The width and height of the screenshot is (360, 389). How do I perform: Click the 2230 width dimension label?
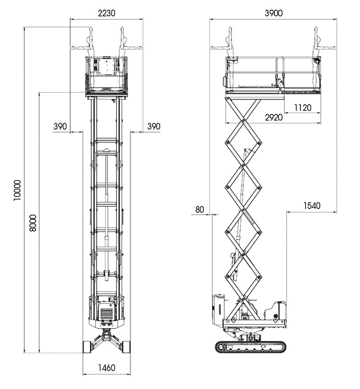point(107,13)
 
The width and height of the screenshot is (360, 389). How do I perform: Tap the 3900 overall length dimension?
point(273,13)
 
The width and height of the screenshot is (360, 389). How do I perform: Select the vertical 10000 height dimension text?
point(17,190)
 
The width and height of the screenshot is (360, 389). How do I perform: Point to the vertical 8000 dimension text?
point(33,223)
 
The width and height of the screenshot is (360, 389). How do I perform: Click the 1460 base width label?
point(107,367)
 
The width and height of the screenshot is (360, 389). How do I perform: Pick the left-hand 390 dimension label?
point(60,126)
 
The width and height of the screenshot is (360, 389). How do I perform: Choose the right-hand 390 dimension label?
point(154,126)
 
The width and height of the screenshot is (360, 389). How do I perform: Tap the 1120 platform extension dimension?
point(303,108)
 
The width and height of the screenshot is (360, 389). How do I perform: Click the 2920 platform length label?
point(273,117)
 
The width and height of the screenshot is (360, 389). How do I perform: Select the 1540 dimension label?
point(312,205)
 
